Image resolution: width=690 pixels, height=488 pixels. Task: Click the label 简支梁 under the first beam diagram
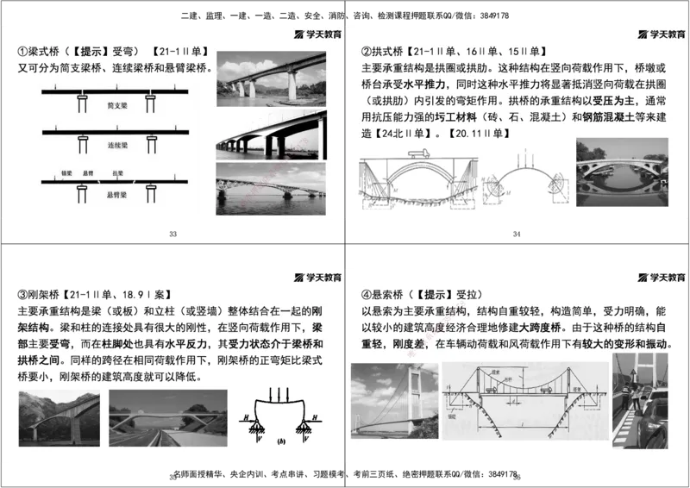pyautogui.click(x=116, y=104)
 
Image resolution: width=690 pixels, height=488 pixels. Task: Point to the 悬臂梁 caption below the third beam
pyautogui.click(x=116, y=195)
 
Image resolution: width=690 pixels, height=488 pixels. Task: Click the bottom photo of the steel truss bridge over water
pyautogui.click(x=270, y=188)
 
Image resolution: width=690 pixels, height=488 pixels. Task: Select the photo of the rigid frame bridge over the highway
pyautogui.click(x=168, y=417)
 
